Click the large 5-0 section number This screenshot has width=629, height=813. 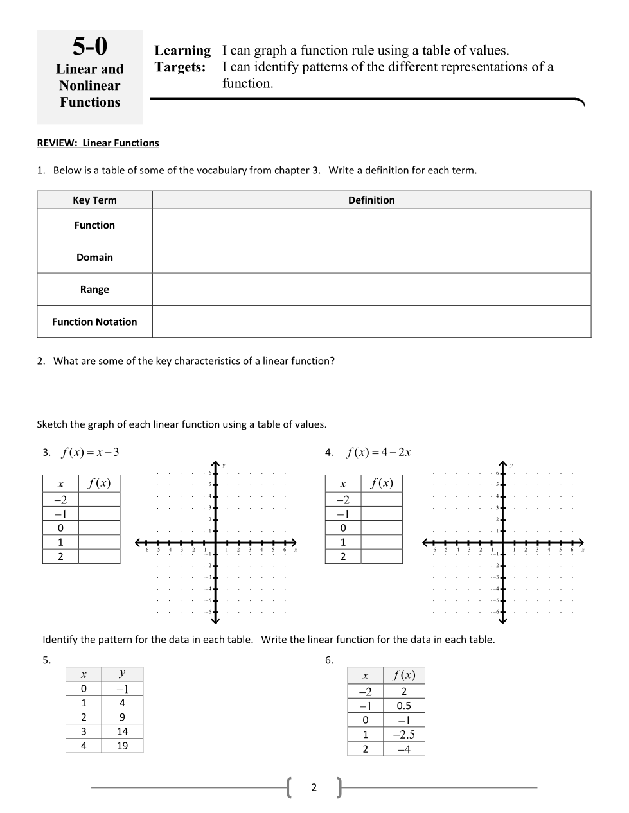(90, 47)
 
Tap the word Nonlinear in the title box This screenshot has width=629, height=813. (90, 85)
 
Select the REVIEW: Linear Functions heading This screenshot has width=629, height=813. (98, 143)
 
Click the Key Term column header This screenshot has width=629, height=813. (94, 200)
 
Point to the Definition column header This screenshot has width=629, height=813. (371, 200)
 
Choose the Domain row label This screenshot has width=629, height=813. (94, 258)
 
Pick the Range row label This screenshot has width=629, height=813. (94, 290)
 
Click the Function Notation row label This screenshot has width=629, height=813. (94, 322)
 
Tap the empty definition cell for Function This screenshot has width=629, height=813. (371, 225)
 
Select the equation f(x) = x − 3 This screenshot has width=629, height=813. (90, 452)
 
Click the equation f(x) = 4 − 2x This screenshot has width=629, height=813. (378, 452)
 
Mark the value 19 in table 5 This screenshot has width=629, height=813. (122, 746)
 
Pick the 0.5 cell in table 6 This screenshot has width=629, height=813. (403, 706)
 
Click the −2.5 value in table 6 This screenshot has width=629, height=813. (403, 735)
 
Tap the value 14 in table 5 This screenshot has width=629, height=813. (122, 731)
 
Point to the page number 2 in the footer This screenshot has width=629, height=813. (314, 787)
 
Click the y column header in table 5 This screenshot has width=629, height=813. (122, 674)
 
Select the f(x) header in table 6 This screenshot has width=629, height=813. (404, 675)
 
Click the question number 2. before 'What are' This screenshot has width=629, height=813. (41, 361)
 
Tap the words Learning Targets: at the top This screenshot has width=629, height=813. (182, 58)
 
